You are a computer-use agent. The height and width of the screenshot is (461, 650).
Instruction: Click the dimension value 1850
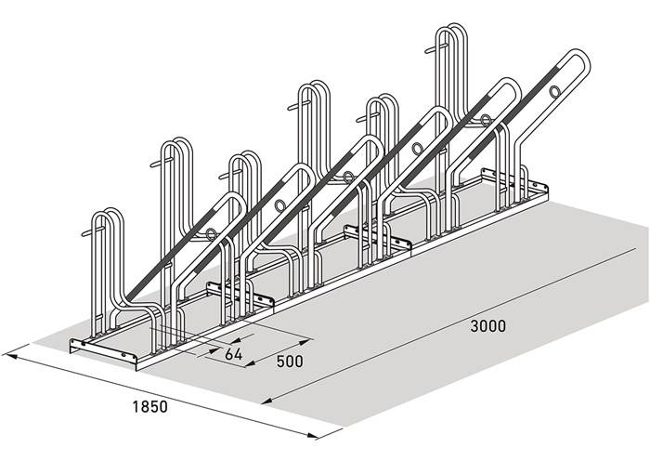[x=150, y=407]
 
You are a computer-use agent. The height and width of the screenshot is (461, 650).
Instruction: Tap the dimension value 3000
[x=487, y=326]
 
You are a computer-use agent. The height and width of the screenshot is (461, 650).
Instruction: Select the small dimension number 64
[x=233, y=354]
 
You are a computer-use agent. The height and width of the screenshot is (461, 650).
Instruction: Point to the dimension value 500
[x=290, y=362]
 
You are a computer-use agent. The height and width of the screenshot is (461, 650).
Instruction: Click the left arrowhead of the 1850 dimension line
[x=9, y=356]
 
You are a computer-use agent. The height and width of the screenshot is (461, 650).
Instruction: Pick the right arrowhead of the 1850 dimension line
[x=311, y=435]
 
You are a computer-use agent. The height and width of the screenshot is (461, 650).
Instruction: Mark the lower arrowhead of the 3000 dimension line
[x=267, y=401]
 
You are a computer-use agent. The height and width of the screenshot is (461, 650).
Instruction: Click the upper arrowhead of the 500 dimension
[x=305, y=342]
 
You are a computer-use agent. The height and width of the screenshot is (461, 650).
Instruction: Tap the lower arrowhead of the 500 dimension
[x=250, y=364]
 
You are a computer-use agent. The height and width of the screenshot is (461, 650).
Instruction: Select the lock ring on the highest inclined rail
[x=554, y=91]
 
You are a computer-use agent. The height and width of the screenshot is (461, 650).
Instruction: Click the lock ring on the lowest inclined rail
[x=211, y=234]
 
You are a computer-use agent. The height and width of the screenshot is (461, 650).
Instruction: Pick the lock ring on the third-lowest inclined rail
[x=348, y=178]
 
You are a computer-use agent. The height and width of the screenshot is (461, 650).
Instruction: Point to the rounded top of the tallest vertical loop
[x=451, y=27]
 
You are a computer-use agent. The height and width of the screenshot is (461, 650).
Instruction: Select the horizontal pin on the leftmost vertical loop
[x=92, y=231]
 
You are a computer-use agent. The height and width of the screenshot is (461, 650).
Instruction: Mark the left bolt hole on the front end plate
[x=84, y=344]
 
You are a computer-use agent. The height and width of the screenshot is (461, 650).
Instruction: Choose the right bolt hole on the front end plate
[x=123, y=355]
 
